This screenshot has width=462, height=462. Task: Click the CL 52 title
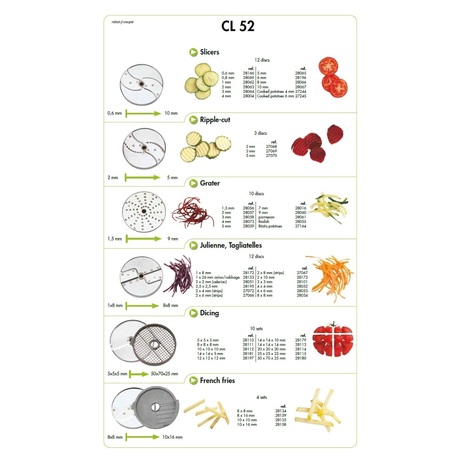coord(238,26)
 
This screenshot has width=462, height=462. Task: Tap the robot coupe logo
coord(122,22)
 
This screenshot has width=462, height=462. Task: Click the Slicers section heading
coord(209,52)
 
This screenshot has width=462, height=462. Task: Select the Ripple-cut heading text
coord(215,120)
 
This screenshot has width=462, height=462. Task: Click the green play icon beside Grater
coord(193,183)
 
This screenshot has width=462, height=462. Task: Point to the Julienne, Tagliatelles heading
coord(231,245)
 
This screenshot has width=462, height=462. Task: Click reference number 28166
coord(248,73)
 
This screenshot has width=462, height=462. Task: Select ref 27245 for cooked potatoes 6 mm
coord(301,96)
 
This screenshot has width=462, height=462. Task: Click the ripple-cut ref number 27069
coord(271,151)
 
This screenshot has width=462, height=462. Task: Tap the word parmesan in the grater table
coord(266,217)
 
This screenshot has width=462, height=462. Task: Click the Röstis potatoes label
coord(270,226)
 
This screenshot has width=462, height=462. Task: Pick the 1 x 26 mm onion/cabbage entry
coord(218,277)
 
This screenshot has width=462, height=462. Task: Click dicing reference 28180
coord(301,358)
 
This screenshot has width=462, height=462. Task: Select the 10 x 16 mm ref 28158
coord(281,424)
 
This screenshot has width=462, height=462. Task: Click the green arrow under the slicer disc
coord(143,114)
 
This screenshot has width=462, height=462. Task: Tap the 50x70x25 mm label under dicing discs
coord(164,374)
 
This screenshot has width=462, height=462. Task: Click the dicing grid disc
coord(154,345)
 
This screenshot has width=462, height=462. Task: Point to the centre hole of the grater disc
coord(144,211)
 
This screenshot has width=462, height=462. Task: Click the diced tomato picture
coord(333,339)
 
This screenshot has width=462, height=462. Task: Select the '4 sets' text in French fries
coord(261,397)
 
